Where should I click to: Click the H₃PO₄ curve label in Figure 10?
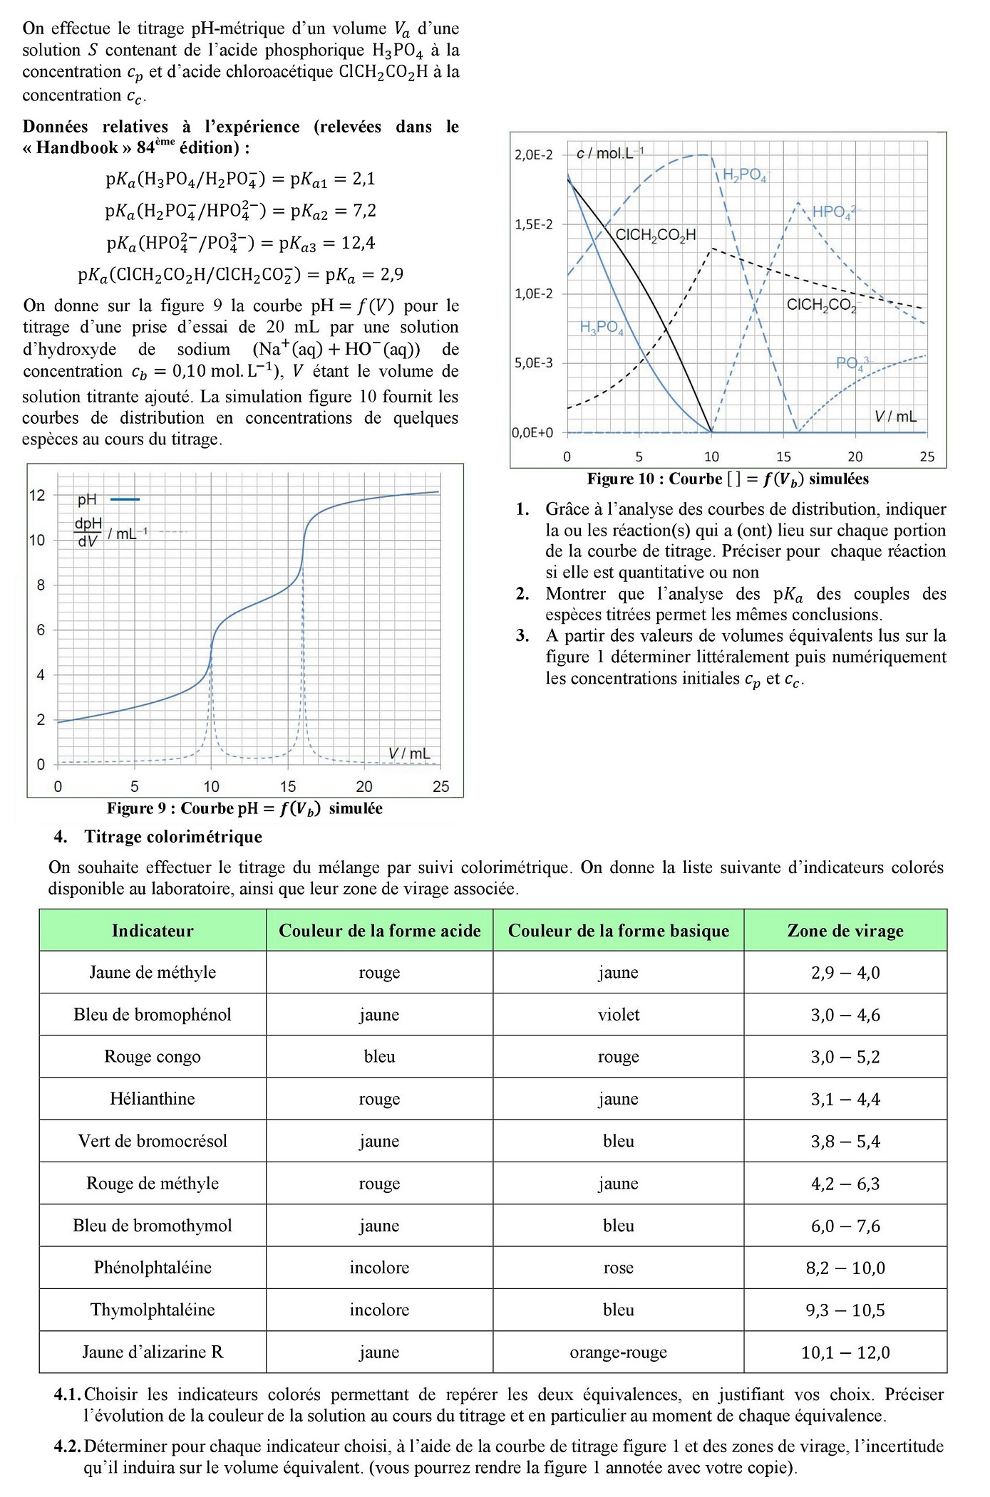pos(602,328)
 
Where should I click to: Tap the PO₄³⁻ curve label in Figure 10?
pos(852,363)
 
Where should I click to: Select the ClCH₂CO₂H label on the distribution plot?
pos(655,235)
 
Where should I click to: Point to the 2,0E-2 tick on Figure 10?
pos(533,155)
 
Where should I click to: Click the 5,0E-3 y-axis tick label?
pos(533,363)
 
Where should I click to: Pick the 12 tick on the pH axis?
pos(37,495)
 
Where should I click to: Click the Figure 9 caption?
pos(244,808)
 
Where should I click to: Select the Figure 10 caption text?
pos(728,479)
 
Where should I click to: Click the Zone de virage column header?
pos(845,931)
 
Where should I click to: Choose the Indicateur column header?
pos(153,931)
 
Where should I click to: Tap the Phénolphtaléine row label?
pos(153,1268)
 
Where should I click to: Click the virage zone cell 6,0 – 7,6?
pos(845,1226)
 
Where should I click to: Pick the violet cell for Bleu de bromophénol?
pos(619,1015)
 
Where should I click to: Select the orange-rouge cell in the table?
pos(619,1352)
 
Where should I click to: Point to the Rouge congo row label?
pos(153,1057)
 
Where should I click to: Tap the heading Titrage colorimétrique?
pos(173,837)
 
